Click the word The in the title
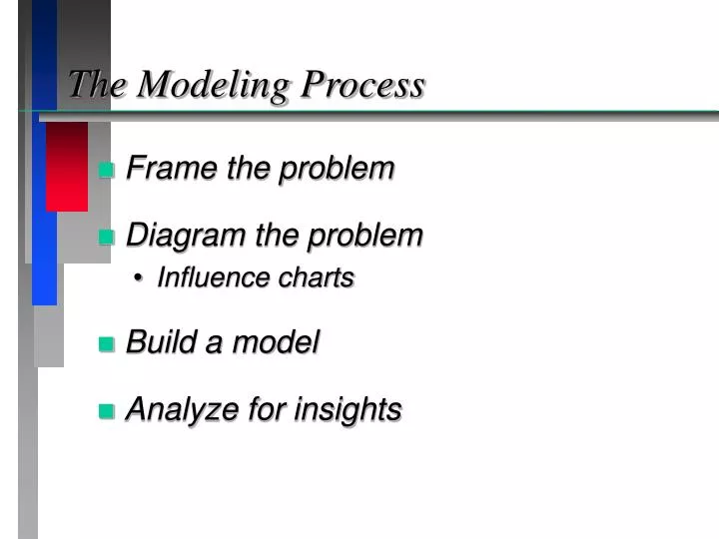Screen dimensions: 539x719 [x=97, y=85]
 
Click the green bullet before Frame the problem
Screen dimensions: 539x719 [x=108, y=170]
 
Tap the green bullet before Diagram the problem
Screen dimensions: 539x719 [x=108, y=238]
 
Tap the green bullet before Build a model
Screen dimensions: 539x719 [x=108, y=344]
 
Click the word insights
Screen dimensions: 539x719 [x=351, y=409]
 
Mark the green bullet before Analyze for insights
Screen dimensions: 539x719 [x=108, y=410]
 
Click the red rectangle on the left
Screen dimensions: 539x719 [x=67, y=167]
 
